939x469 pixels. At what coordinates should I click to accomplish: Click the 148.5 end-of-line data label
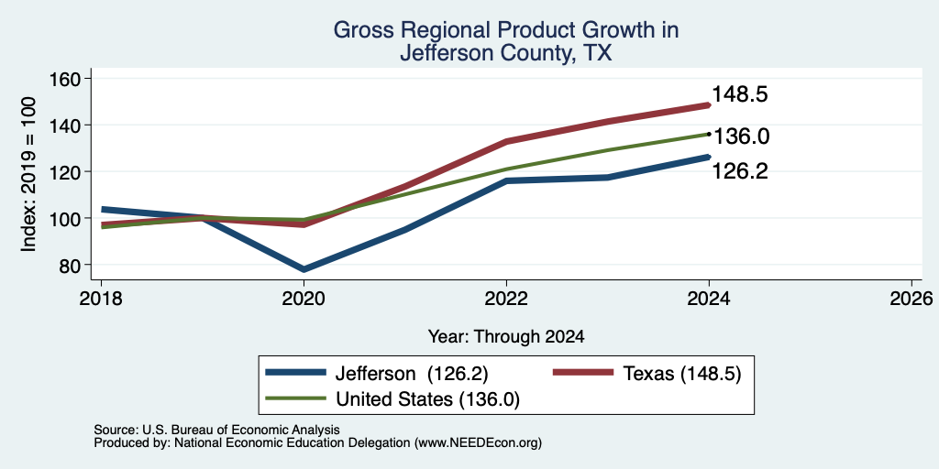(x=740, y=94)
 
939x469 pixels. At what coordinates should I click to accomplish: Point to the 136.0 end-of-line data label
(x=741, y=137)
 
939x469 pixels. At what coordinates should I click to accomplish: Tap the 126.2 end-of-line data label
(x=740, y=171)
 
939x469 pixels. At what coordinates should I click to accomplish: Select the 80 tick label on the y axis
(x=71, y=265)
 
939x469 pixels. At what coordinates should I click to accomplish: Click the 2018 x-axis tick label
(x=101, y=298)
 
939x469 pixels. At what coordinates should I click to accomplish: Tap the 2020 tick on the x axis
(x=304, y=298)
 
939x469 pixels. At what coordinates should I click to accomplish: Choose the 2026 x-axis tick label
(x=911, y=298)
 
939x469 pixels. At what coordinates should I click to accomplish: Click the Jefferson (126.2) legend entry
(x=377, y=374)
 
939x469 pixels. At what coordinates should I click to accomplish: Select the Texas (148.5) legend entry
(x=646, y=374)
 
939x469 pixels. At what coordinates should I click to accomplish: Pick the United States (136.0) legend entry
(x=392, y=399)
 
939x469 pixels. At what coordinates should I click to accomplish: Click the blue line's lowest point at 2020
(x=304, y=269)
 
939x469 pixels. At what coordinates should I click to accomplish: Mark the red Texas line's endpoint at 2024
(x=709, y=105)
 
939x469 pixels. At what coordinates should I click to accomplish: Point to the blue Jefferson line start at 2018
(x=103, y=210)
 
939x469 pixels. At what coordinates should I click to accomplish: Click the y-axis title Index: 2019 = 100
(x=28, y=174)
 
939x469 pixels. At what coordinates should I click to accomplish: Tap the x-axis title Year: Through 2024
(x=506, y=337)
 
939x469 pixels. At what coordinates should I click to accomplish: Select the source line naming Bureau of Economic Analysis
(x=216, y=430)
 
